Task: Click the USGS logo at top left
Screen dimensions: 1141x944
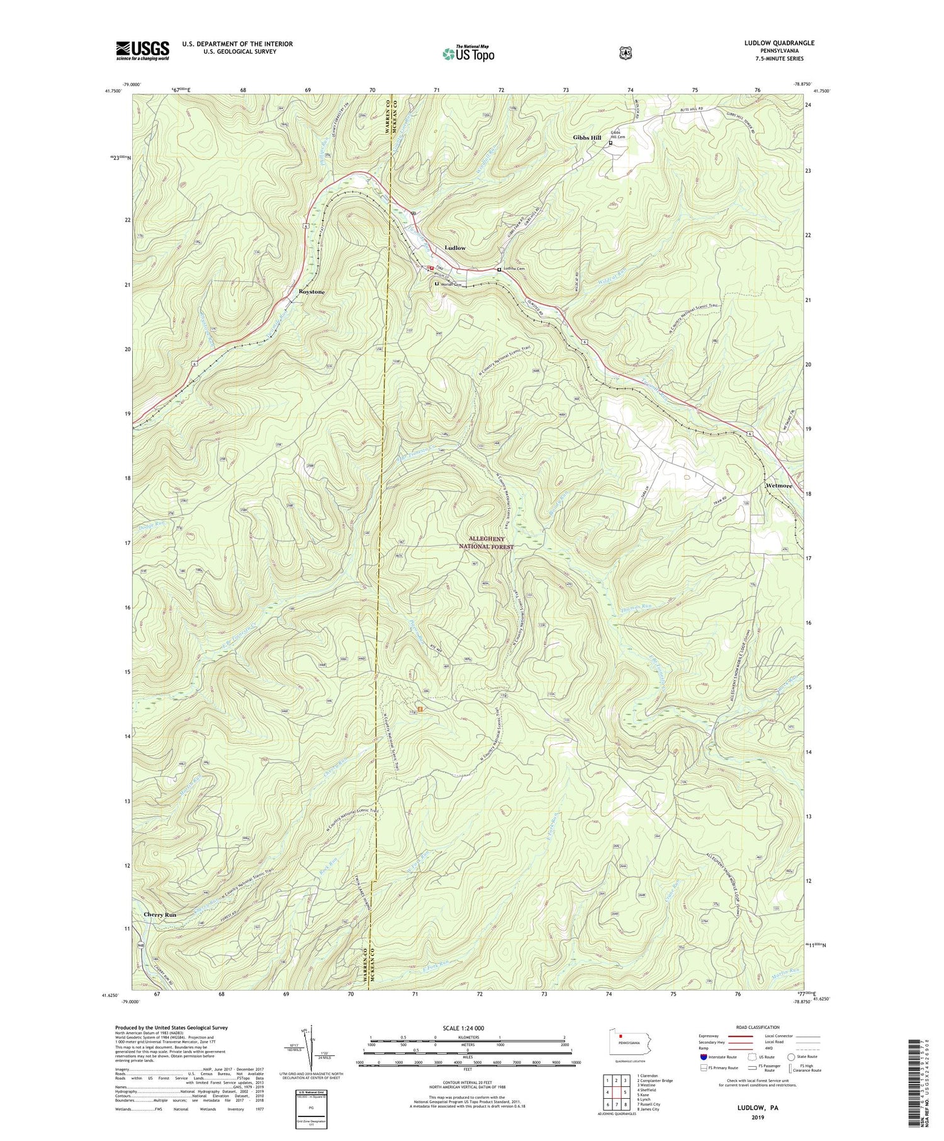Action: click(x=142, y=50)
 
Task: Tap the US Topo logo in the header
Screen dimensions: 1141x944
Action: click(x=468, y=53)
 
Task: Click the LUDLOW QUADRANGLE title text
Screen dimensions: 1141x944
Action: click(x=778, y=43)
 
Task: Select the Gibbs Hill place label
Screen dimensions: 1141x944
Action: click(x=587, y=137)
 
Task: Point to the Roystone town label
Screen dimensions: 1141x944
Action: click(x=303, y=292)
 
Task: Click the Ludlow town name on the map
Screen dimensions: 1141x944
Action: click(x=455, y=248)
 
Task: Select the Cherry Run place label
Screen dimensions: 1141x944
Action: click(x=160, y=914)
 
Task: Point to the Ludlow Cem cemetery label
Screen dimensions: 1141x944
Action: click(x=514, y=269)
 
